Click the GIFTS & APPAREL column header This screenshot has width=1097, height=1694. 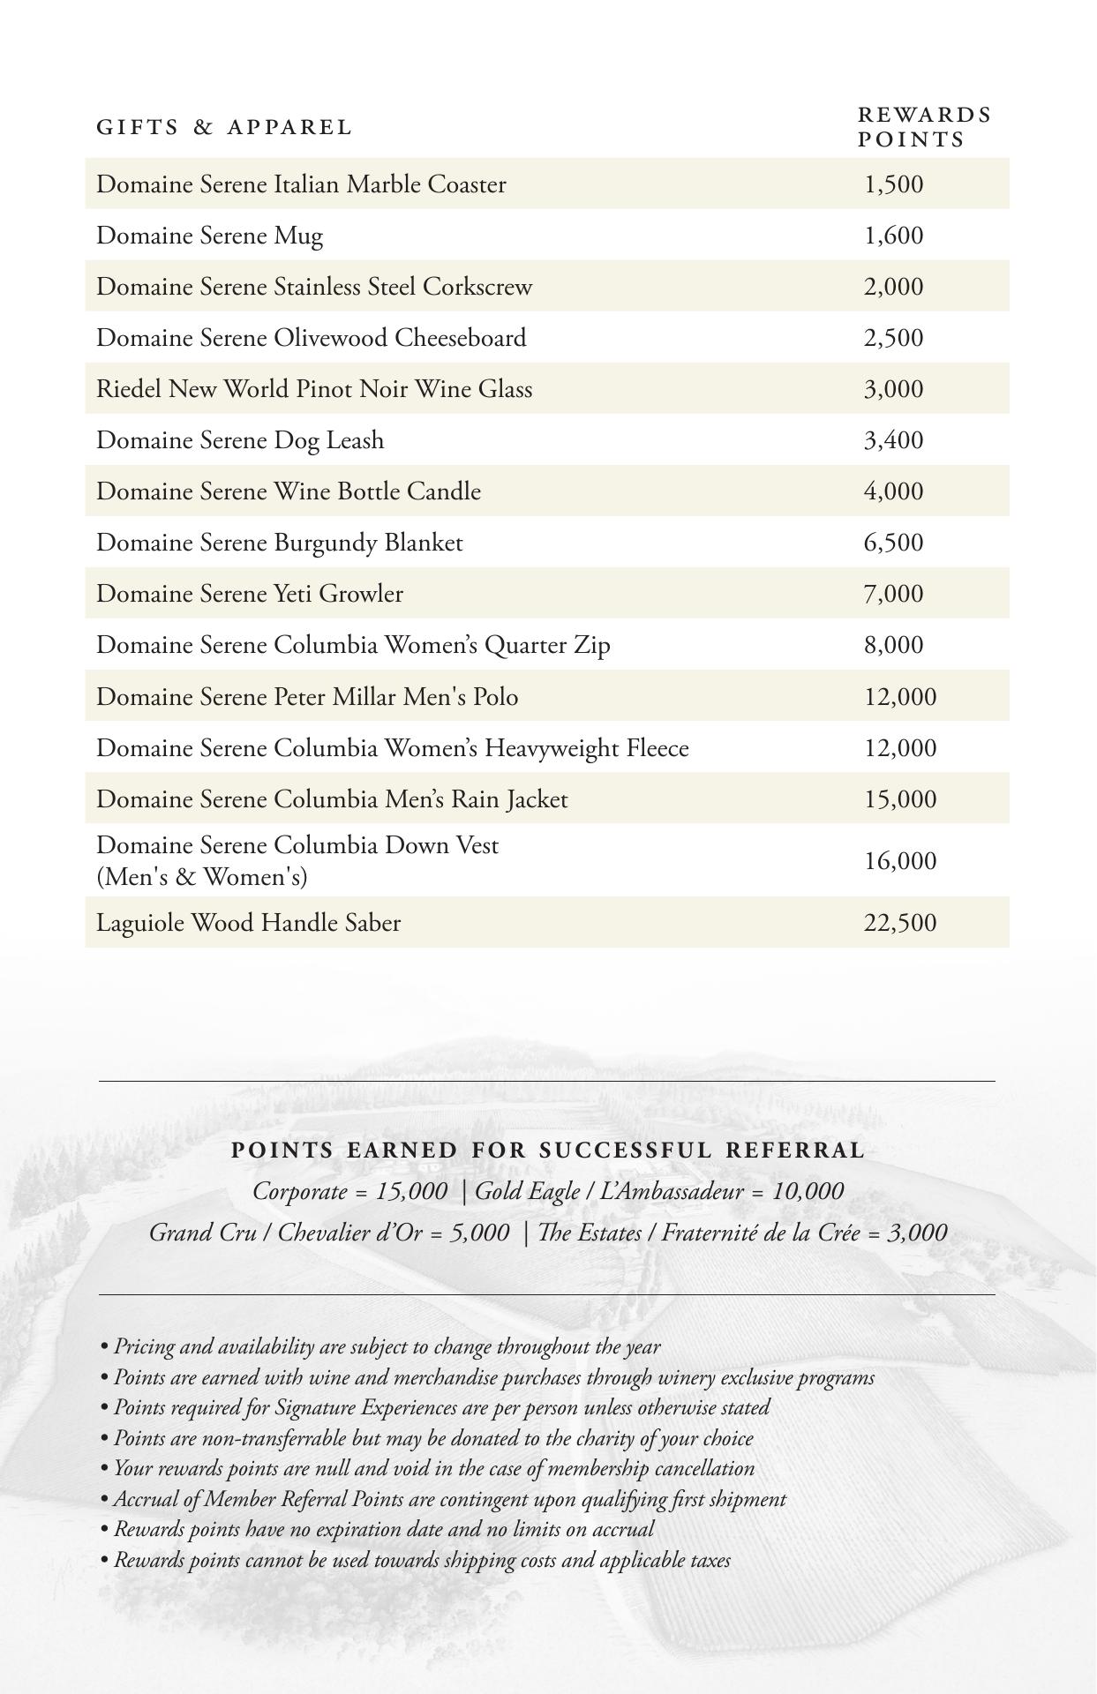click(224, 127)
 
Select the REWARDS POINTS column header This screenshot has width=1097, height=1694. click(924, 127)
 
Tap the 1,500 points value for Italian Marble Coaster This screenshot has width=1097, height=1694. click(893, 184)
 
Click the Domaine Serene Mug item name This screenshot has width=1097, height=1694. click(210, 236)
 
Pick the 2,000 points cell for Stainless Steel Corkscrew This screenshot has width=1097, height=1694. click(893, 287)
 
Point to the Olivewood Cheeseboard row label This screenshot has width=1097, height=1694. click(312, 338)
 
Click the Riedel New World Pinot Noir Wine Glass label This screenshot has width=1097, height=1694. click(314, 389)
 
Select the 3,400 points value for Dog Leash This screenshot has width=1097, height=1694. click(893, 440)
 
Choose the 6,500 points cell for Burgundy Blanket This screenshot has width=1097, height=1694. click(893, 543)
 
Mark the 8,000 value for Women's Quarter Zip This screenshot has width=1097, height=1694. click(893, 645)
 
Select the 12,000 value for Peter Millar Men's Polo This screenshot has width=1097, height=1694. click(900, 697)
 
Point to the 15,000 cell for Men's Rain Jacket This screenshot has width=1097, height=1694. click(900, 799)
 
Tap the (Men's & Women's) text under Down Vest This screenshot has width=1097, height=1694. click(202, 877)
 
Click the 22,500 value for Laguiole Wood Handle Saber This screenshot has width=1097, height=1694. click(900, 923)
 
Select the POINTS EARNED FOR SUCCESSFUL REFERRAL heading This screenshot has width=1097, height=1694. click(548, 1151)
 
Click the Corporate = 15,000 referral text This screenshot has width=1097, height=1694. click(350, 1191)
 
